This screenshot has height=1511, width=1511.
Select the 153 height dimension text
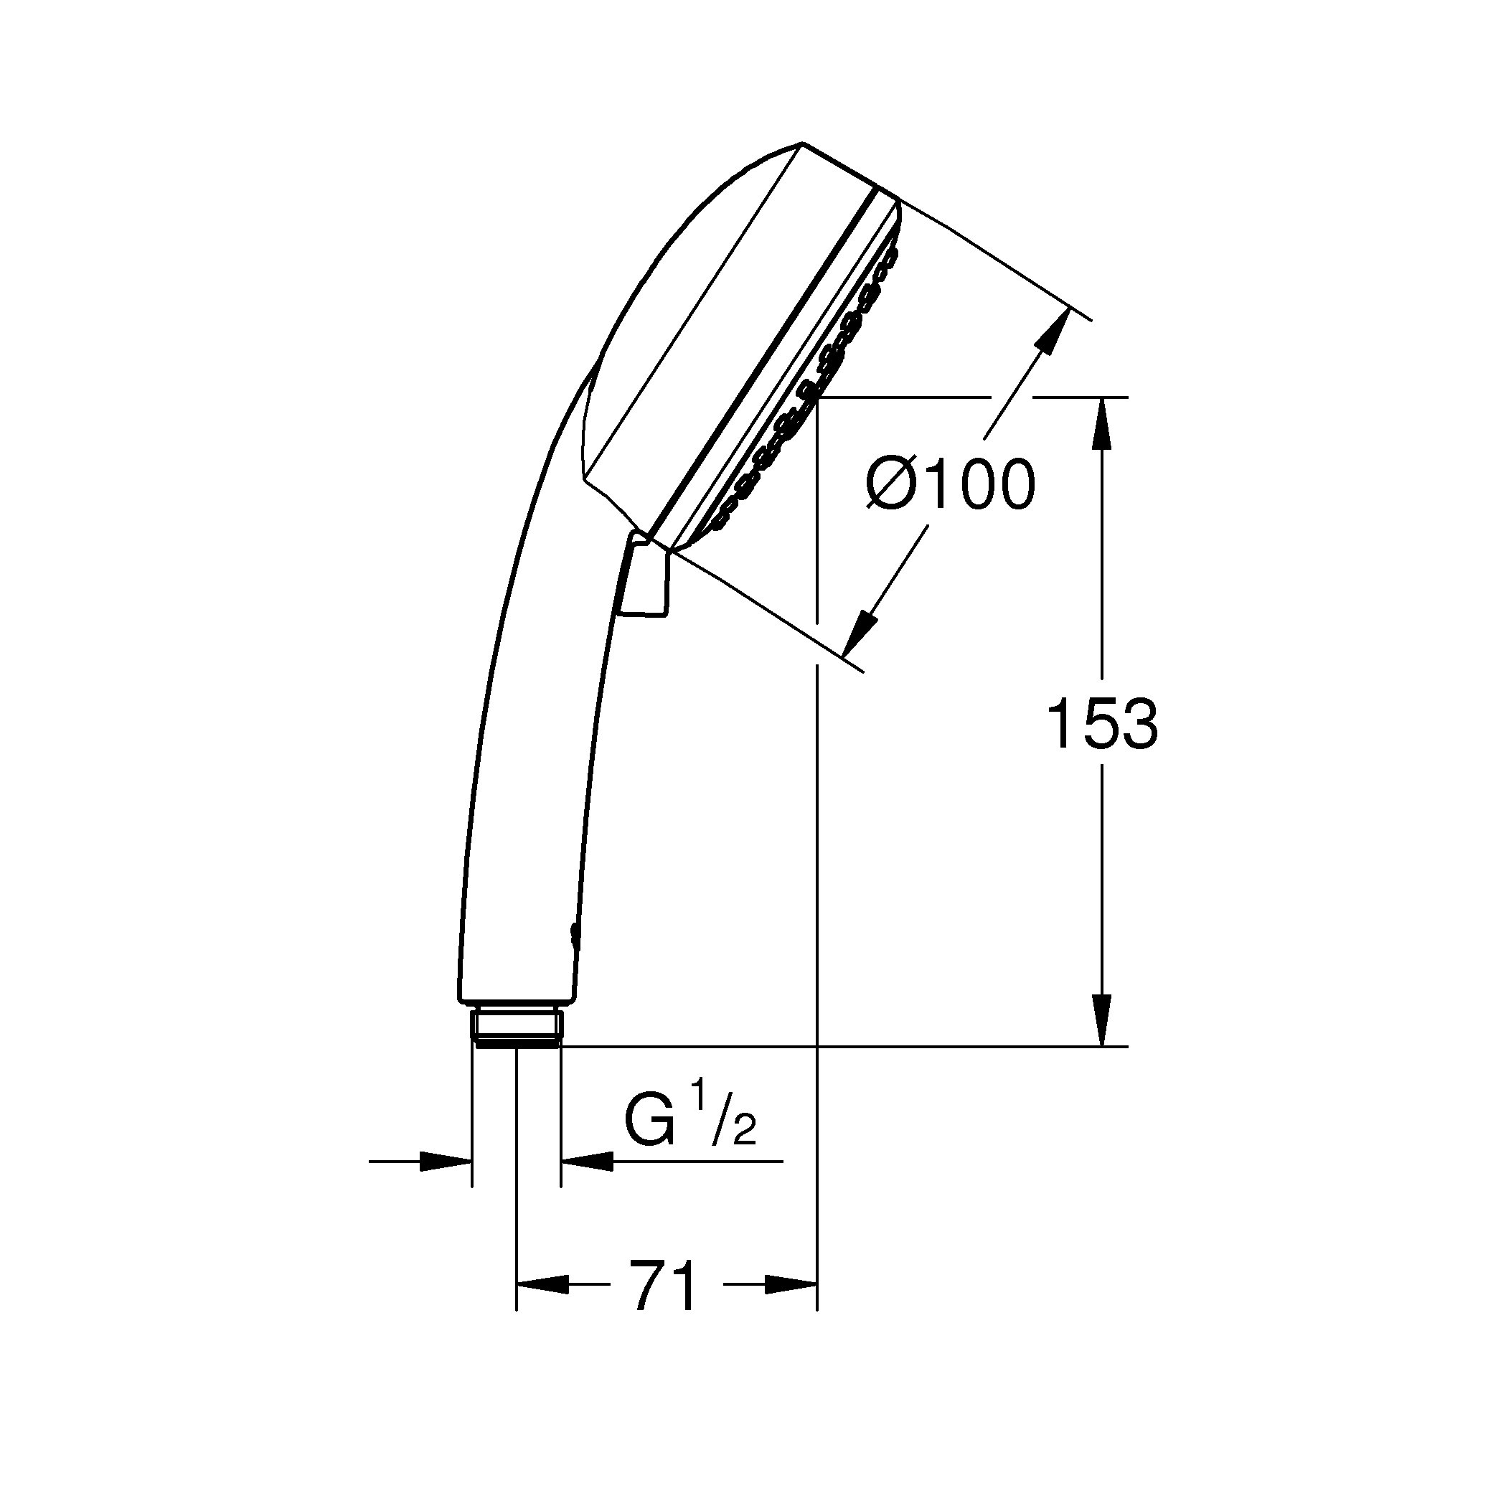[x=1102, y=724]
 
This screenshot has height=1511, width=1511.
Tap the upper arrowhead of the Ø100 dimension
[x=1053, y=332]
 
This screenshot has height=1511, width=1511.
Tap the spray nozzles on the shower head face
[x=814, y=391]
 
